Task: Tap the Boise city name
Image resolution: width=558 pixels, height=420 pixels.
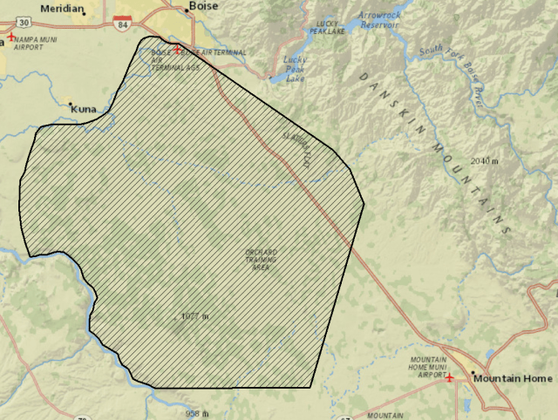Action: tap(201, 6)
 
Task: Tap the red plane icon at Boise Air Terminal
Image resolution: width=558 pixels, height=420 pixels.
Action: tap(178, 50)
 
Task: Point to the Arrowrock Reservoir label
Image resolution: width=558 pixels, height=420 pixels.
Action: tap(376, 20)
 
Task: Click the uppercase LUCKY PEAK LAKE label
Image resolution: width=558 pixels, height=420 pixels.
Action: tap(326, 26)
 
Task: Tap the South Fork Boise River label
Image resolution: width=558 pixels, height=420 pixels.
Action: tap(452, 68)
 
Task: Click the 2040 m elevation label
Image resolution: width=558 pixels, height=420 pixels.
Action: tap(483, 161)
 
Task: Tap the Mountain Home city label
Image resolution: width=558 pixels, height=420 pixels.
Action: tap(513, 379)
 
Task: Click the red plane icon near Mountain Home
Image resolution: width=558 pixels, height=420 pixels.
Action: tap(449, 378)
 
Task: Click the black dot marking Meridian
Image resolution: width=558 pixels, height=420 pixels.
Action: tap(84, 13)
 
